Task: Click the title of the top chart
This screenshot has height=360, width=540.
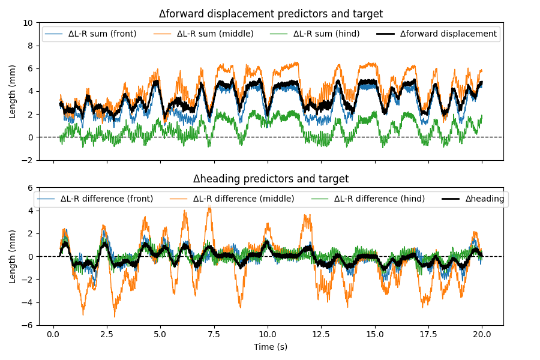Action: pos(271,14)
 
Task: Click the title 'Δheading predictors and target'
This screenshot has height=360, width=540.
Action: pos(271,179)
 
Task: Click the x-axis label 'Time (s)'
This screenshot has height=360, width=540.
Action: pos(271,347)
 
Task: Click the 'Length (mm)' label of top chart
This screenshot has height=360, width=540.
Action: pos(13,91)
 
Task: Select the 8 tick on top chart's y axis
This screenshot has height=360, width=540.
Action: pos(31,46)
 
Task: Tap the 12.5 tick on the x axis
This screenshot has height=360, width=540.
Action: pos(322,335)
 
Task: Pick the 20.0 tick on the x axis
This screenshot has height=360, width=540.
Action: pos(482,335)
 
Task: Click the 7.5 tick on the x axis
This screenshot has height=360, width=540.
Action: pos(214,335)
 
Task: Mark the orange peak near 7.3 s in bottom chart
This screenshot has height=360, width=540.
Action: pos(209,206)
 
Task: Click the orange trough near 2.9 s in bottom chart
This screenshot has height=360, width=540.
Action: pos(115,316)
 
